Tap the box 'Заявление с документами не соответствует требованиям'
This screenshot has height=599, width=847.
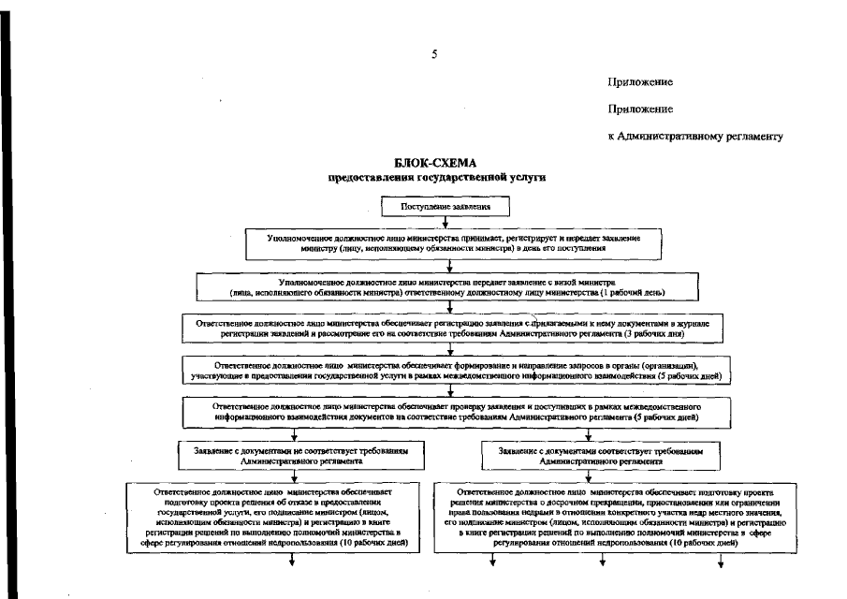(x=293, y=455)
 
